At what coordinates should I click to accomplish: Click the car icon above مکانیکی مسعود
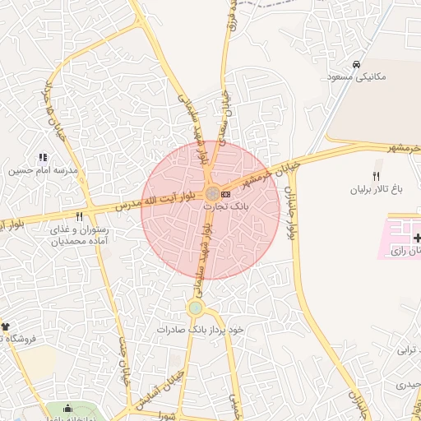(355, 64)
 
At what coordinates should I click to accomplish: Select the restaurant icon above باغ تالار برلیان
(377, 176)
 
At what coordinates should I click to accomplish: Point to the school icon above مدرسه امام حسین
(43, 157)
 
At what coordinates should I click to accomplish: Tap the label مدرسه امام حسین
(43, 171)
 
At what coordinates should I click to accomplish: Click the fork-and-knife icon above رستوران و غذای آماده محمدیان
(79, 217)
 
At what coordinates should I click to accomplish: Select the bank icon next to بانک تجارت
(225, 193)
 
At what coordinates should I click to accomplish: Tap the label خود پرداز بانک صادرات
(201, 329)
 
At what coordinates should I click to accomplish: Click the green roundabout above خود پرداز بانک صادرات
(195, 308)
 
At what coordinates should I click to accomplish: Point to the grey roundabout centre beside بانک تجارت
(211, 193)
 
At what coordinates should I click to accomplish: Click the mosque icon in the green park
(67, 409)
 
